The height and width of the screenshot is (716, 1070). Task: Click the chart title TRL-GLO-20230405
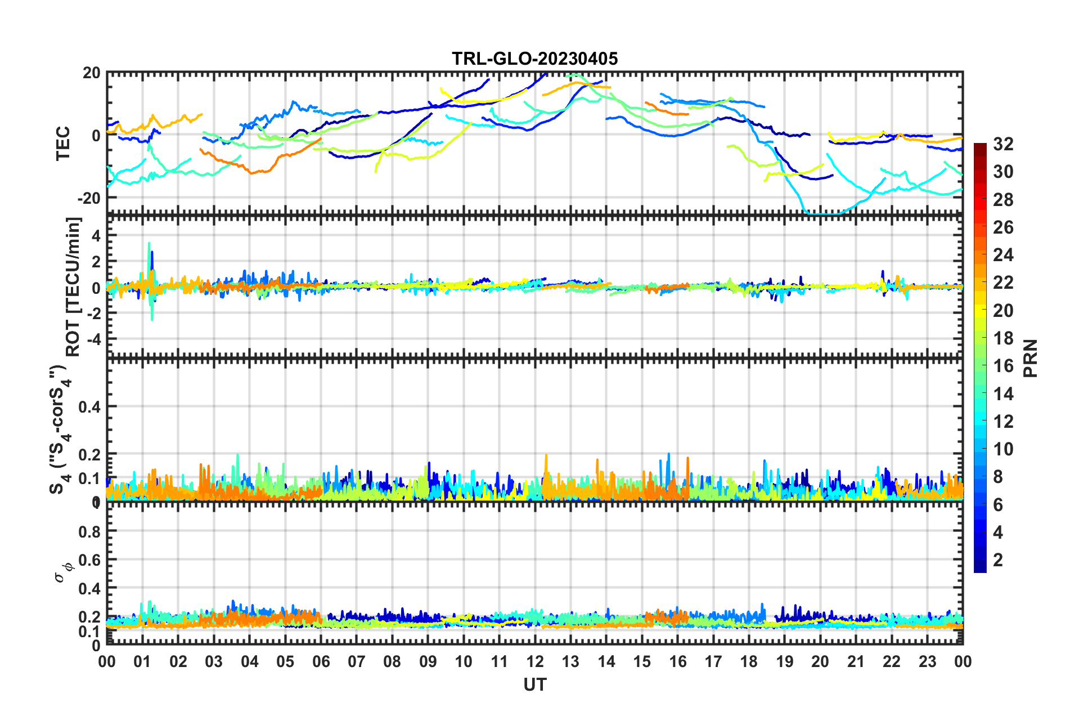coord(534,59)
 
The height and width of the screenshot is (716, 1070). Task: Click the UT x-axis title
coord(534,684)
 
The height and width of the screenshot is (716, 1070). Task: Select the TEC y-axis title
coord(63,143)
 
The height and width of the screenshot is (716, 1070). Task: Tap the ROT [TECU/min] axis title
coord(73,287)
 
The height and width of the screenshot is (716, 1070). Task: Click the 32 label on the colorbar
coord(1003,144)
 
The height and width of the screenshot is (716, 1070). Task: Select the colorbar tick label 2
coord(998,560)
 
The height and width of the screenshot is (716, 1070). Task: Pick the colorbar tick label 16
coord(1003,366)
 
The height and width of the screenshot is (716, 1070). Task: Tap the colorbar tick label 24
coord(1003,255)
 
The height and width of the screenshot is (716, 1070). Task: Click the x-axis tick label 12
coord(534,661)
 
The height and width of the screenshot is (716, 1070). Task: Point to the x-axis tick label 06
coord(321,661)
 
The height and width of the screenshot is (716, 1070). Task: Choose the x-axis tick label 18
coord(749,661)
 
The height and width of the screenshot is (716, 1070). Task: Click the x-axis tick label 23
coord(927,661)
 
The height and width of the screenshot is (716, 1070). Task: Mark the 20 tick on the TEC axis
coord(92,73)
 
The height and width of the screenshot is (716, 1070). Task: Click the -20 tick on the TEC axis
coord(89,198)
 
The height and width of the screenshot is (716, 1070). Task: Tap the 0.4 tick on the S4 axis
coord(89,406)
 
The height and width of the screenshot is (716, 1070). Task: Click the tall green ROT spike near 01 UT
coord(149,245)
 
